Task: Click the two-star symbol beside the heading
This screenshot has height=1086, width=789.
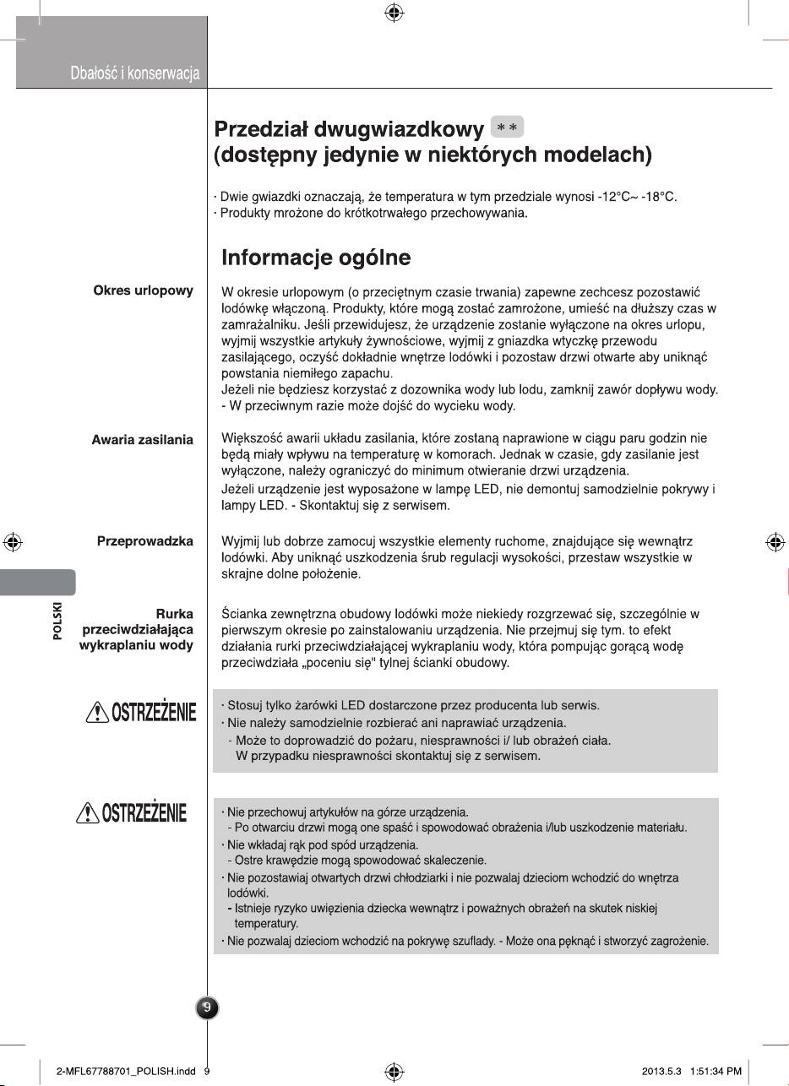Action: coord(507,128)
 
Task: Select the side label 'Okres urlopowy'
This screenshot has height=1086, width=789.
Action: coord(143,291)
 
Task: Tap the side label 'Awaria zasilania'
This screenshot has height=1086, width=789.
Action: coord(142,440)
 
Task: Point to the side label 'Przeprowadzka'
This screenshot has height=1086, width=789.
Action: coord(145,541)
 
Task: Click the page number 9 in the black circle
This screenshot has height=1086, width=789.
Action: coord(208,1007)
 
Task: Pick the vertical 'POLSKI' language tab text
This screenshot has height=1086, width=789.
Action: coord(57,622)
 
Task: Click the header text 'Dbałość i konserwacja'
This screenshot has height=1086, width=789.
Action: coord(135,74)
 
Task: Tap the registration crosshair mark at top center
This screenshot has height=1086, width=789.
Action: coord(394,14)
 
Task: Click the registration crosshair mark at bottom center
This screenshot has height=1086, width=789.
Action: coord(394,1071)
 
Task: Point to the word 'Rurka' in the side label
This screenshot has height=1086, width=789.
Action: coord(175,614)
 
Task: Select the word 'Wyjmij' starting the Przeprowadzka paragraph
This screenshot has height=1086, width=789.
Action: coord(239,541)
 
